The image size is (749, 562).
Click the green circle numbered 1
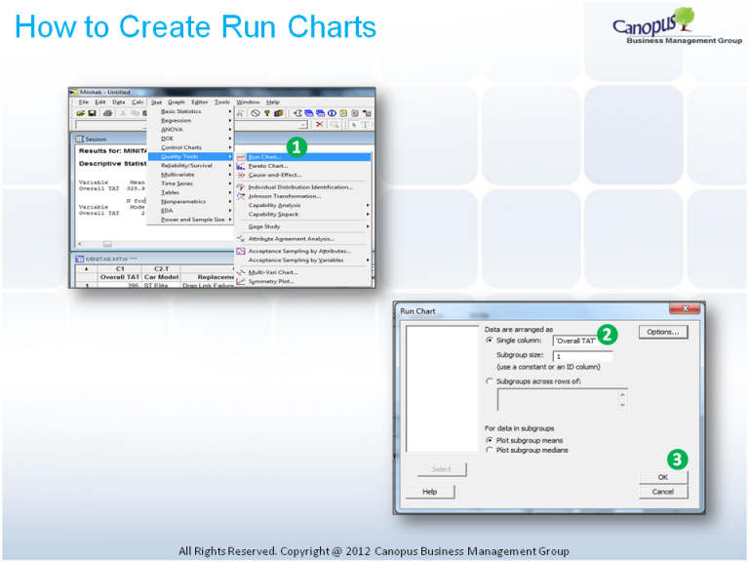(x=296, y=147)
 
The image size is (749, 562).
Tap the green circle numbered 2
(x=607, y=335)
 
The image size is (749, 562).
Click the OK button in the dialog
(x=663, y=477)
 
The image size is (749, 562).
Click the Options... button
(x=663, y=333)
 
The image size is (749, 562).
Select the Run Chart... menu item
(x=264, y=157)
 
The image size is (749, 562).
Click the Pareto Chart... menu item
(x=268, y=166)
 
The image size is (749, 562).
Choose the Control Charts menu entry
(x=181, y=147)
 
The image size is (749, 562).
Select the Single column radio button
(x=490, y=341)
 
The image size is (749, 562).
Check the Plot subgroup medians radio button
(x=490, y=450)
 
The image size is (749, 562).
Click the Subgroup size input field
(x=582, y=356)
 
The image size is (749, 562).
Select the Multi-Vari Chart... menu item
(x=272, y=272)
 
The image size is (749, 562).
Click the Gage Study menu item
(x=266, y=225)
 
